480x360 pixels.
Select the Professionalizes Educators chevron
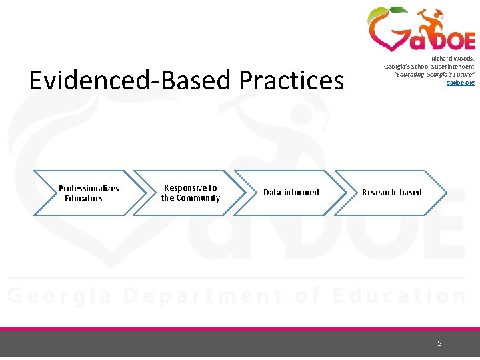[89, 193]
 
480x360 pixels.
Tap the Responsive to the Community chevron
[190, 193]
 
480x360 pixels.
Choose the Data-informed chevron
[291, 193]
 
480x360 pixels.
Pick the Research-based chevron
[391, 193]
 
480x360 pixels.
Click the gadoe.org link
[460, 82]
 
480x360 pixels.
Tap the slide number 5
[439, 343]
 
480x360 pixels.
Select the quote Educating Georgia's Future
[434, 75]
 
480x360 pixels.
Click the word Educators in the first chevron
[83, 199]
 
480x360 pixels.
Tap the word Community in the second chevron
[198, 198]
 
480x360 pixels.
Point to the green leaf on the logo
[397, 11]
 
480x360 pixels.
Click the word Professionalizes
[89, 189]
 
